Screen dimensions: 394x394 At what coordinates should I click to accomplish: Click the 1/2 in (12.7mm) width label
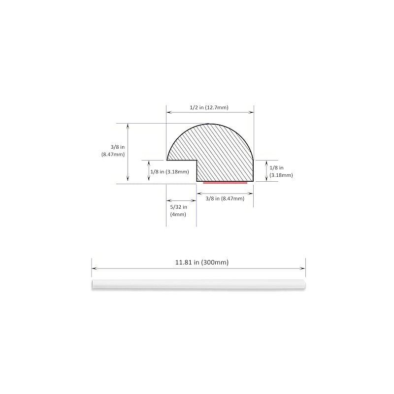click(x=209, y=107)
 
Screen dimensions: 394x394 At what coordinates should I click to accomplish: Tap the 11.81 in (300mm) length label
click(x=202, y=263)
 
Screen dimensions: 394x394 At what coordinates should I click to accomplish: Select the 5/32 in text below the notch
click(x=179, y=207)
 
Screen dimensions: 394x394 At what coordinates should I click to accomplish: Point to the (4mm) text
click(x=178, y=215)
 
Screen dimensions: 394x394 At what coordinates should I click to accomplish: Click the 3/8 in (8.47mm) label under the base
click(x=225, y=198)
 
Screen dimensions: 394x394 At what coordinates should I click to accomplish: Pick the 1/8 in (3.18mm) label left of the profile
click(x=169, y=172)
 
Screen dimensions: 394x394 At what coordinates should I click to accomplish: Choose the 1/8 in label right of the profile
click(x=276, y=167)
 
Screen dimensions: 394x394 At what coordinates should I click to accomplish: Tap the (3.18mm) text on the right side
click(x=281, y=175)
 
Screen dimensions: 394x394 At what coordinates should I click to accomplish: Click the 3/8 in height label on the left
click(x=118, y=147)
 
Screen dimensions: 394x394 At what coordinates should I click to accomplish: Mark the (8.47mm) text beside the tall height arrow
click(x=113, y=154)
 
